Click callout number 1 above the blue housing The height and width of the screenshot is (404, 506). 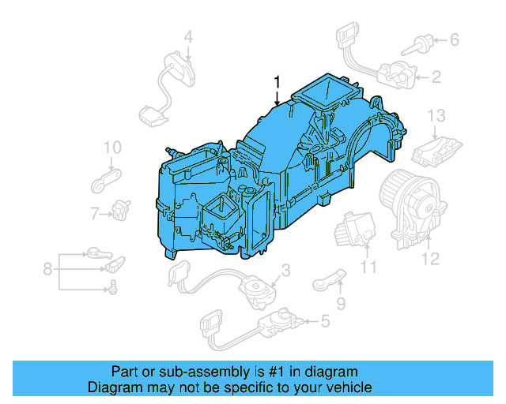pos(278,81)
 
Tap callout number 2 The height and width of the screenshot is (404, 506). pos(436,77)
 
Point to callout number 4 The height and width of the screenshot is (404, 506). pos(188,36)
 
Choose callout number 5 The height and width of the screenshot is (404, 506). pos(324,321)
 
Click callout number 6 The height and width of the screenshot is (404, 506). pos(454,39)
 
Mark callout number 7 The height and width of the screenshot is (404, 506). pos(93,213)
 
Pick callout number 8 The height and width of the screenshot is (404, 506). pos(47,269)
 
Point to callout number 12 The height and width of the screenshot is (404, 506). pos(429,257)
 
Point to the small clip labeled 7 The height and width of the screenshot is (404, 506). pos(121,209)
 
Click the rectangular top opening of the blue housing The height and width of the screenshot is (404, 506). pos(323,93)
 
